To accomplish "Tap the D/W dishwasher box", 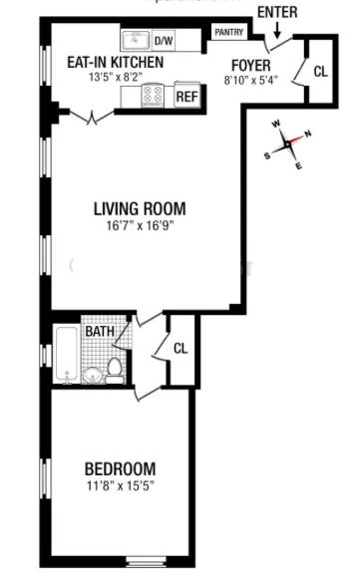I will pos(163,41).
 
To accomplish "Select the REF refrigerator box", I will pos(185,97).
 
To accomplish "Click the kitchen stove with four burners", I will pos(155,96).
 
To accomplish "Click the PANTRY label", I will pos(227,32).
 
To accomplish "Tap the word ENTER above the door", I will pos(276,11).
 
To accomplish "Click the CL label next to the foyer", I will pos(319,71).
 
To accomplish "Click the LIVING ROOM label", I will pos(140,209).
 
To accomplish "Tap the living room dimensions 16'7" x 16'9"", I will pos(140,226).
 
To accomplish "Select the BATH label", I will pos(98,331).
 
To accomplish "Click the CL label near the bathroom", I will pos(180,348).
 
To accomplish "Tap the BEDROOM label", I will pos(119,468).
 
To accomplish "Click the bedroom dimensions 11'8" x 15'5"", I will pos(119,485).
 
